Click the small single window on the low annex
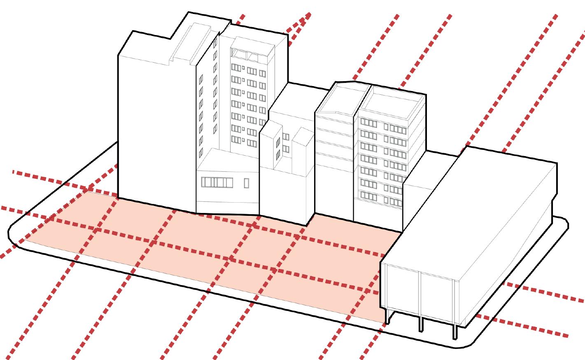pyautogui.click(x=247, y=183)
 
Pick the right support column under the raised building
pyautogui.click(x=455, y=332)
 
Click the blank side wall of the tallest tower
pyautogui.click(x=156, y=128)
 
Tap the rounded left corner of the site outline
pyautogui.click(x=12, y=235)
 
